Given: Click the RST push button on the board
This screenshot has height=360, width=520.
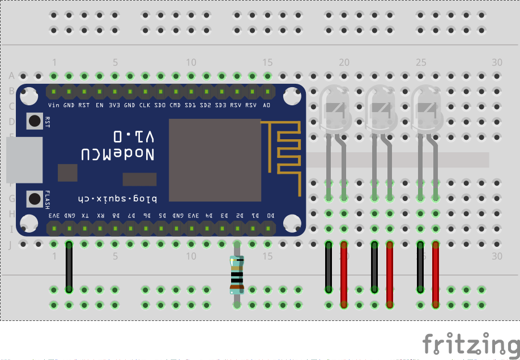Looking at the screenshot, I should [35, 121].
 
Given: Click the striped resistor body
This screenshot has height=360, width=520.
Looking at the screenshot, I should [237, 275].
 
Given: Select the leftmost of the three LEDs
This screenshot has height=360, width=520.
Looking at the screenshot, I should [336, 108].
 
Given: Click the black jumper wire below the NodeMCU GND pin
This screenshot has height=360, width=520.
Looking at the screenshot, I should [69, 267].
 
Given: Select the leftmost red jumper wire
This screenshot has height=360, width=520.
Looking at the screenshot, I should [344, 274].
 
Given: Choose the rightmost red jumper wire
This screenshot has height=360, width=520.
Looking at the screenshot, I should [436, 274].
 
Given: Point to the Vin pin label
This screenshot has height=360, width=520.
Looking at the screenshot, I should [54, 105].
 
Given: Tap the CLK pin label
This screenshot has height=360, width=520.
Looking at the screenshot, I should [145, 105].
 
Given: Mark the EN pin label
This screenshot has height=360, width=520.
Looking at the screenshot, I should [99, 105].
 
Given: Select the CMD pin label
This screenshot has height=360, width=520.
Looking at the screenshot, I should [176, 105].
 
